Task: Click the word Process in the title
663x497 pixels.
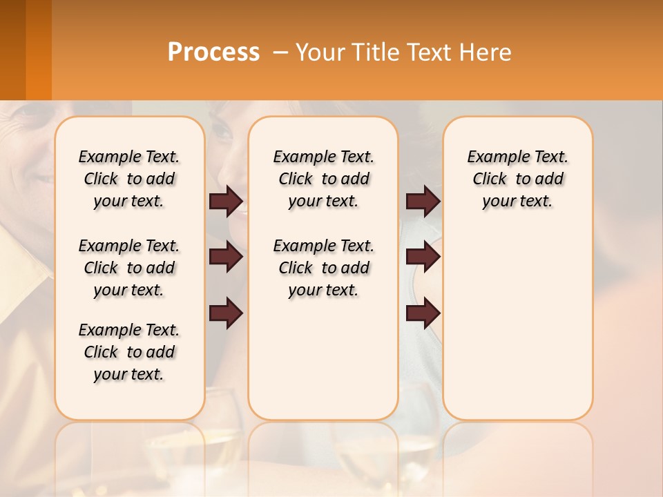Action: [x=213, y=52]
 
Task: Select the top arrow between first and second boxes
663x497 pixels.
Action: [x=226, y=201]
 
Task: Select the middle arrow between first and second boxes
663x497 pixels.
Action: [x=226, y=257]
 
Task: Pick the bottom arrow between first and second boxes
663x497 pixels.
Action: [x=226, y=314]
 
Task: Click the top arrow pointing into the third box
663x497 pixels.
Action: [x=423, y=201]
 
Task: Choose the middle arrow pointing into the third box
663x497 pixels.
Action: [x=423, y=257]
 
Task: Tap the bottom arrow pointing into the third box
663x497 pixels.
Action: [x=423, y=314]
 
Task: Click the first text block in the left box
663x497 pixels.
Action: [x=129, y=179]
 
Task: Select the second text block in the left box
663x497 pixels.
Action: [x=129, y=268]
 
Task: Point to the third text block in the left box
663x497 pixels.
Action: [x=129, y=352]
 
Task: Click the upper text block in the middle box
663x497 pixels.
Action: [x=323, y=179]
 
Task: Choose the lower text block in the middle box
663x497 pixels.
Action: [x=323, y=268]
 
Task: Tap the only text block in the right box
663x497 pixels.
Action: [x=517, y=179]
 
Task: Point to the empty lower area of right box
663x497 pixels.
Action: [x=517, y=324]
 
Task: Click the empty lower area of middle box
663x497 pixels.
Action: [x=323, y=359]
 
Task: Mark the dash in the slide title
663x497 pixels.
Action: [x=280, y=52]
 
